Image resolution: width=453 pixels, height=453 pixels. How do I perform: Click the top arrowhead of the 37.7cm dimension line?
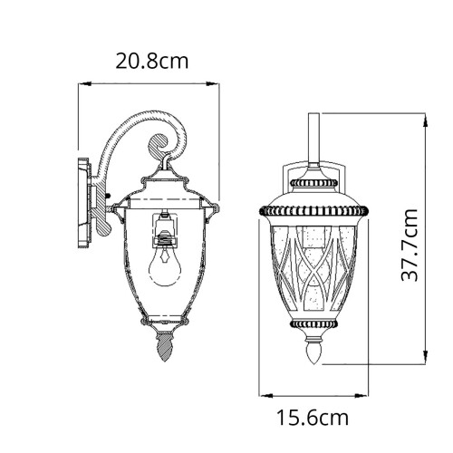(419, 116)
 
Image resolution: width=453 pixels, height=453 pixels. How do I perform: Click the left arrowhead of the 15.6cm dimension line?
(264, 394)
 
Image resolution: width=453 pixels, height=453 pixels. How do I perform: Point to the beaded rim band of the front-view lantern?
(314, 210)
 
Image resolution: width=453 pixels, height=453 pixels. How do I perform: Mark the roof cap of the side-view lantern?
(164, 186)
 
